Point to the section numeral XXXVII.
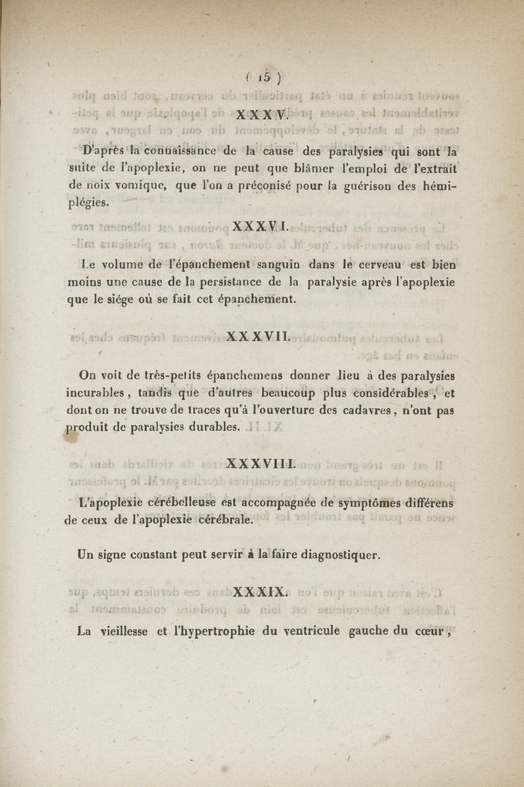point(259,339)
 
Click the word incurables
point(96,394)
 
